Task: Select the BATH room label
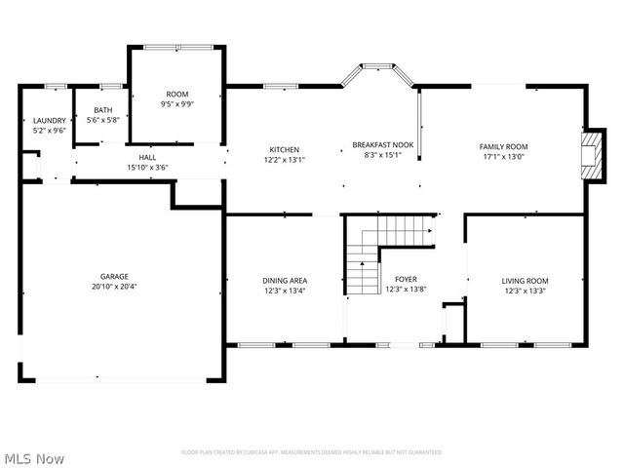[x=102, y=110]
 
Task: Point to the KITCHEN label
[x=284, y=149]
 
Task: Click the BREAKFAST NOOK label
[x=382, y=144]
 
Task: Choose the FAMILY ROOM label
[x=502, y=146]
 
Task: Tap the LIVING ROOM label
[x=526, y=280]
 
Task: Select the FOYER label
[x=406, y=279]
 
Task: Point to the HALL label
[x=147, y=157]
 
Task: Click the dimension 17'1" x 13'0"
[x=502, y=157]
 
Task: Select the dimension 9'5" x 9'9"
[x=177, y=103]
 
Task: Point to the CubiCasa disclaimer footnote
[x=312, y=452]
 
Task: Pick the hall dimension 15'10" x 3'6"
[x=147, y=167]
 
